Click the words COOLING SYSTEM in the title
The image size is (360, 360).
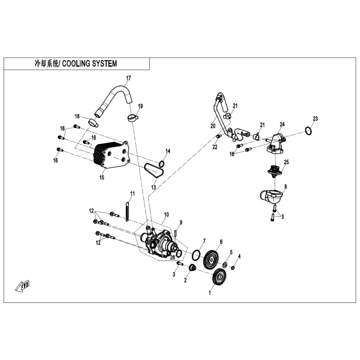click(89, 64)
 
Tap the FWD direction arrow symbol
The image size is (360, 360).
click(23, 286)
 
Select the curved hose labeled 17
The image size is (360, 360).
click(114, 100)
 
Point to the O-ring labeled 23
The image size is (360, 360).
click(309, 130)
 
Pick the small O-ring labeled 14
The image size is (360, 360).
click(161, 164)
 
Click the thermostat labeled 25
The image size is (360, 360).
click(275, 172)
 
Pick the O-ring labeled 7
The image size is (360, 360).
click(196, 255)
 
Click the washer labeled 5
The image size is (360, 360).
click(225, 265)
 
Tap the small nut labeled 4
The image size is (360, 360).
click(232, 267)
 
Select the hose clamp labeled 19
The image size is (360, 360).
click(133, 118)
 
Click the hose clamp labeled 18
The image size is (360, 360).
click(94, 122)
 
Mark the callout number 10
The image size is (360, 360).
click(167, 214)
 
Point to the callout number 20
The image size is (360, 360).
click(213, 126)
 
